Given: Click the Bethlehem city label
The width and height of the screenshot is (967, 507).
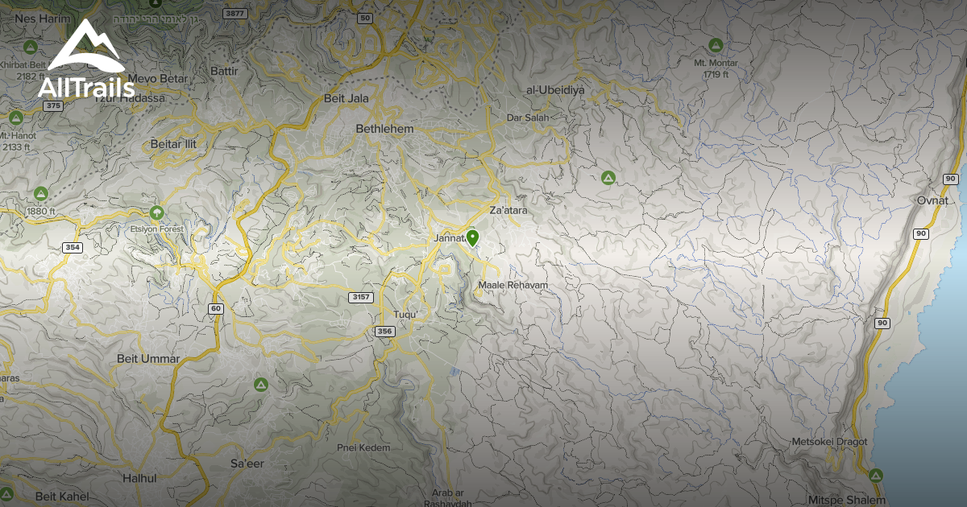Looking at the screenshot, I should pyautogui.click(x=384, y=129).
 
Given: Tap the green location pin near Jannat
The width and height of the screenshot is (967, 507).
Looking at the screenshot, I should pyautogui.click(x=472, y=238).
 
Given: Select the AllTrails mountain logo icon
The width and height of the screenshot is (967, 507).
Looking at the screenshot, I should pyautogui.click(x=86, y=48).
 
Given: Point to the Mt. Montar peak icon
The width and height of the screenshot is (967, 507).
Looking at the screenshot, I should pyautogui.click(x=715, y=44).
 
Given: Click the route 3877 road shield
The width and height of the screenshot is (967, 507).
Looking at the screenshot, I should pyautogui.click(x=235, y=14).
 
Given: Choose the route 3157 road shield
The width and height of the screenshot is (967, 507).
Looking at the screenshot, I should pyautogui.click(x=362, y=297).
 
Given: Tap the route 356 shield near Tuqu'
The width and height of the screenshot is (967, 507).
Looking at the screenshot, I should pyautogui.click(x=384, y=331).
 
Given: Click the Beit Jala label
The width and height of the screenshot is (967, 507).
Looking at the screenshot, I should pyautogui.click(x=345, y=99).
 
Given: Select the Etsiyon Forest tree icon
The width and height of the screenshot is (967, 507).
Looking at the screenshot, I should pyautogui.click(x=157, y=212).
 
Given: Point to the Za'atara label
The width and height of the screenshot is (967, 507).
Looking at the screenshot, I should pyautogui.click(x=508, y=210).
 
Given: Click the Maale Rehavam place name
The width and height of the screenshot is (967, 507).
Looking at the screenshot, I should pyautogui.click(x=513, y=286).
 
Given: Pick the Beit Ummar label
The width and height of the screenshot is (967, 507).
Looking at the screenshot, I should pyautogui.click(x=148, y=358).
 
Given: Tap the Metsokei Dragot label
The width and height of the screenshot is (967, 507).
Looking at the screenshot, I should pyautogui.click(x=829, y=442).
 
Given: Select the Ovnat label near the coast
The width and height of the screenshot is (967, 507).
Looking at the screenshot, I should pyautogui.click(x=933, y=200).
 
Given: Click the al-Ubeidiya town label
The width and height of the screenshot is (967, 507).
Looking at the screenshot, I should pyautogui.click(x=554, y=90).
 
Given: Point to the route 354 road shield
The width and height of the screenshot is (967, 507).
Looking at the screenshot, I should pyautogui.click(x=73, y=247).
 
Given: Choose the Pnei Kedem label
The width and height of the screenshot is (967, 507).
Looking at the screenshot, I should pyautogui.click(x=363, y=447).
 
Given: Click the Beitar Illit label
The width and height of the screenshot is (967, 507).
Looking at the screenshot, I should pyautogui.click(x=173, y=144).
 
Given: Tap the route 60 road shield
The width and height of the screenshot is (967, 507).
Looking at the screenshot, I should pyautogui.click(x=215, y=308).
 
